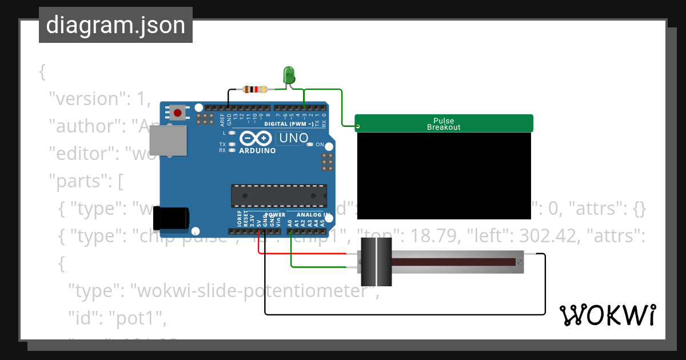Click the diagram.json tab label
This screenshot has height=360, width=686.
coord(115,25)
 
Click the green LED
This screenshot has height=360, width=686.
coord(289,75)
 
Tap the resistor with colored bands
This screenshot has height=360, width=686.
coord(255,89)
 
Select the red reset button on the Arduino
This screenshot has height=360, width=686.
coord(178,113)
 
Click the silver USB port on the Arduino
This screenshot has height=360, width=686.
coord(167,141)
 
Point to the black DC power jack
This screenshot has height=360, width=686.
coord(171,219)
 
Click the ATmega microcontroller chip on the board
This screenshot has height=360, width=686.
coord(279,195)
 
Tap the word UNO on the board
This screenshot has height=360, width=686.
coord(293,138)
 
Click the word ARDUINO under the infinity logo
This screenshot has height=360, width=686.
coord(257,151)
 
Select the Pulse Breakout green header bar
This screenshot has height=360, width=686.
coord(444,123)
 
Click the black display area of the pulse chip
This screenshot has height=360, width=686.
coord(444,175)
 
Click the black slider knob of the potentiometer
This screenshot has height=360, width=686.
coord(376,262)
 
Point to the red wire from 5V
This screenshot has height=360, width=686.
coord(309,254)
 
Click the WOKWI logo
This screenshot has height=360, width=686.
coord(607,315)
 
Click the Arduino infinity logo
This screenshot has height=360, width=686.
coord(256,138)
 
